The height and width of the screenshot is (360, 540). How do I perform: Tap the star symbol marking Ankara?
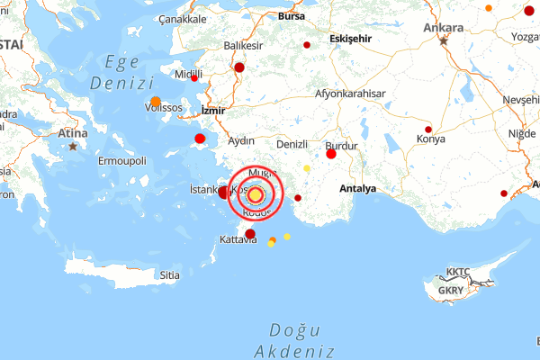point(443,40)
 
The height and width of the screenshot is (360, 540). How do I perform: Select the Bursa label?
point(292,16)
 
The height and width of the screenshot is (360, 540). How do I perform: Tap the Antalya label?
point(358,189)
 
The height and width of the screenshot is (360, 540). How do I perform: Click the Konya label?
point(431,139)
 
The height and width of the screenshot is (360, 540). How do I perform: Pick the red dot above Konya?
point(428,129)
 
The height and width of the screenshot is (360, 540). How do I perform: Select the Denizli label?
point(292,144)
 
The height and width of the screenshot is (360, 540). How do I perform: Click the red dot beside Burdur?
point(331,154)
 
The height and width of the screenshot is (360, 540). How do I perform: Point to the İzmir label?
point(213,110)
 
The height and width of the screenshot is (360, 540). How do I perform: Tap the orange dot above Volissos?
point(156,101)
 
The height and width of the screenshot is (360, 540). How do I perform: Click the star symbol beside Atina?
point(73,146)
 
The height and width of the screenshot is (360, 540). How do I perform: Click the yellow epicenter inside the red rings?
point(256,194)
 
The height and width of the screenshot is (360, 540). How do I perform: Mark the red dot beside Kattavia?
point(250,234)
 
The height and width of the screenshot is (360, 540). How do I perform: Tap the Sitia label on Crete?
point(169,275)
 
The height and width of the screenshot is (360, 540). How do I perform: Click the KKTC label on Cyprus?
point(458,272)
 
